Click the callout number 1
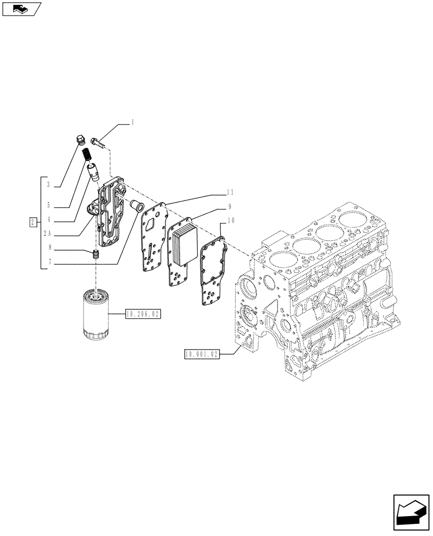[x=132, y=123]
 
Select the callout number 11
[x=229, y=191]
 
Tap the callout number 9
[x=229, y=206]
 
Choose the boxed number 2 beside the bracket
[x=33, y=221]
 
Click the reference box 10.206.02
[x=143, y=314]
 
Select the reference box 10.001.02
[x=201, y=354]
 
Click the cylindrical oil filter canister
[x=96, y=314]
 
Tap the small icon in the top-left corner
[x=21, y=9]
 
